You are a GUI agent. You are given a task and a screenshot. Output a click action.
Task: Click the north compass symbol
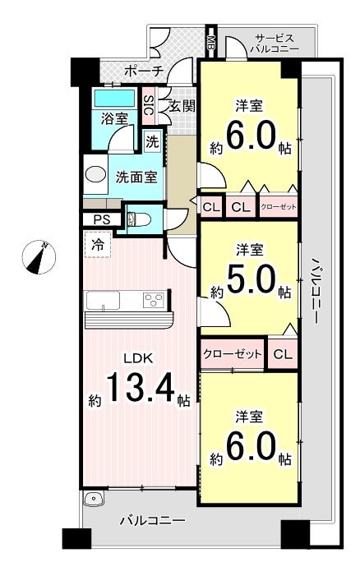click(x=38, y=256)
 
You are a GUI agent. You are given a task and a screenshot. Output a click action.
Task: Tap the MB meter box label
click(x=211, y=41)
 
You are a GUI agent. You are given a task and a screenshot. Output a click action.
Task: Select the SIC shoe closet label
click(x=148, y=105)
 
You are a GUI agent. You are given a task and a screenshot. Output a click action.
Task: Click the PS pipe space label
click(x=101, y=219)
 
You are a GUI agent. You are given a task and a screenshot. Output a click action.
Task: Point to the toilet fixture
click(x=138, y=219)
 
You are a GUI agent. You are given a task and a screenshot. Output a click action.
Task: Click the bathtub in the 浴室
click(x=114, y=99)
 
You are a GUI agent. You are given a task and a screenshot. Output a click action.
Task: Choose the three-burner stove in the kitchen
click(x=154, y=301)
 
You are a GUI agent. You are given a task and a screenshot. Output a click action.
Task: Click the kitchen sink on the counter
click(x=103, y=301)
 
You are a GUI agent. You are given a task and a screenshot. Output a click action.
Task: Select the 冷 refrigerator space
click(x=97, y=244)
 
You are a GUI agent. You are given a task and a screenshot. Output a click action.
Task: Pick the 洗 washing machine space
click(x=152, y=141)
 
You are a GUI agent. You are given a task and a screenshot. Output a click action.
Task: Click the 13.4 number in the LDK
click(x=140, y=386)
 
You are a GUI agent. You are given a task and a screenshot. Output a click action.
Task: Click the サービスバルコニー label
click(x=275, y=44)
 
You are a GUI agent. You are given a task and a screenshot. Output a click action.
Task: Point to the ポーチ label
click(x=144, y=71)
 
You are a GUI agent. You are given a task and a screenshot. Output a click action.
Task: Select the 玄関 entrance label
click(x=182, y=107)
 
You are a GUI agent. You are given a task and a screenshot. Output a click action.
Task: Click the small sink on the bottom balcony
click(x=95, y=499)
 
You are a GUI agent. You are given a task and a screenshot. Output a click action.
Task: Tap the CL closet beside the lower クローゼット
click(x=283, y=354)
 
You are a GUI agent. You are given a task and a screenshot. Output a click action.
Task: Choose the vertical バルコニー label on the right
click(x=315, y=290)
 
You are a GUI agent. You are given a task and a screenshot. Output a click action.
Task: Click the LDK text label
click(x=138, y=358)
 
